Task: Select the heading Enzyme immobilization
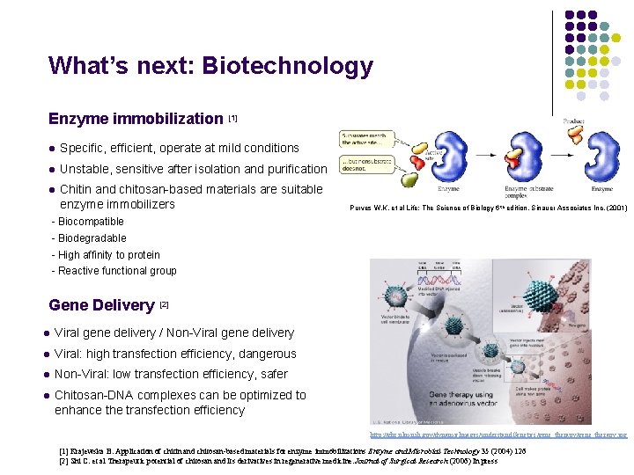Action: [136, 119]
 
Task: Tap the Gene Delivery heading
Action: [101, 305]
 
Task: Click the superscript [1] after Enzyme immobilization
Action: [232, 116]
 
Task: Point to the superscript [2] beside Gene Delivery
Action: [163, 303]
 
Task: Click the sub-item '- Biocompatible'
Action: [88, 222]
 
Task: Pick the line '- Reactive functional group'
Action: [114, 271]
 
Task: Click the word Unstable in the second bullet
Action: [85, 169]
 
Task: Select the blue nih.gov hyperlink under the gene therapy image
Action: [498, 435]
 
